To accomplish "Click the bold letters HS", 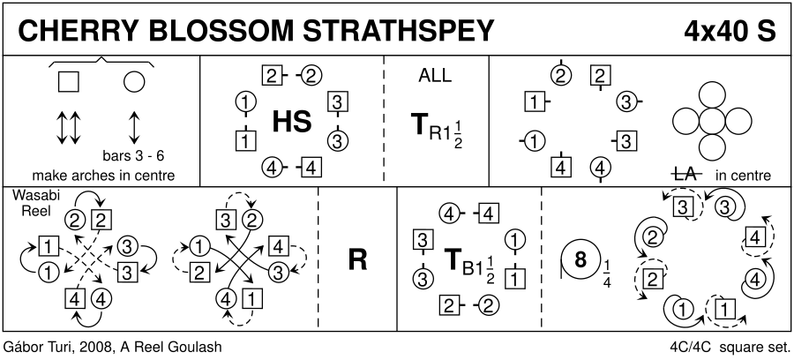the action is (291, 122).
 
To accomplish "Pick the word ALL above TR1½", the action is (434, 76).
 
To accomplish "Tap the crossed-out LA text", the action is (685, 175).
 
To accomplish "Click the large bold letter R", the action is (357, 261).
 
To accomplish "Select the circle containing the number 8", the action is (581, 260).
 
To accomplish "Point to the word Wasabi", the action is (30, 196).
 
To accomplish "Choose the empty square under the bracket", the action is (68, 82).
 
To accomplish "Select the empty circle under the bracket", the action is (134, 82).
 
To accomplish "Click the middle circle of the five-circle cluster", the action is (711, 122).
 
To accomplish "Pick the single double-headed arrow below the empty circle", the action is (134, 128).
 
